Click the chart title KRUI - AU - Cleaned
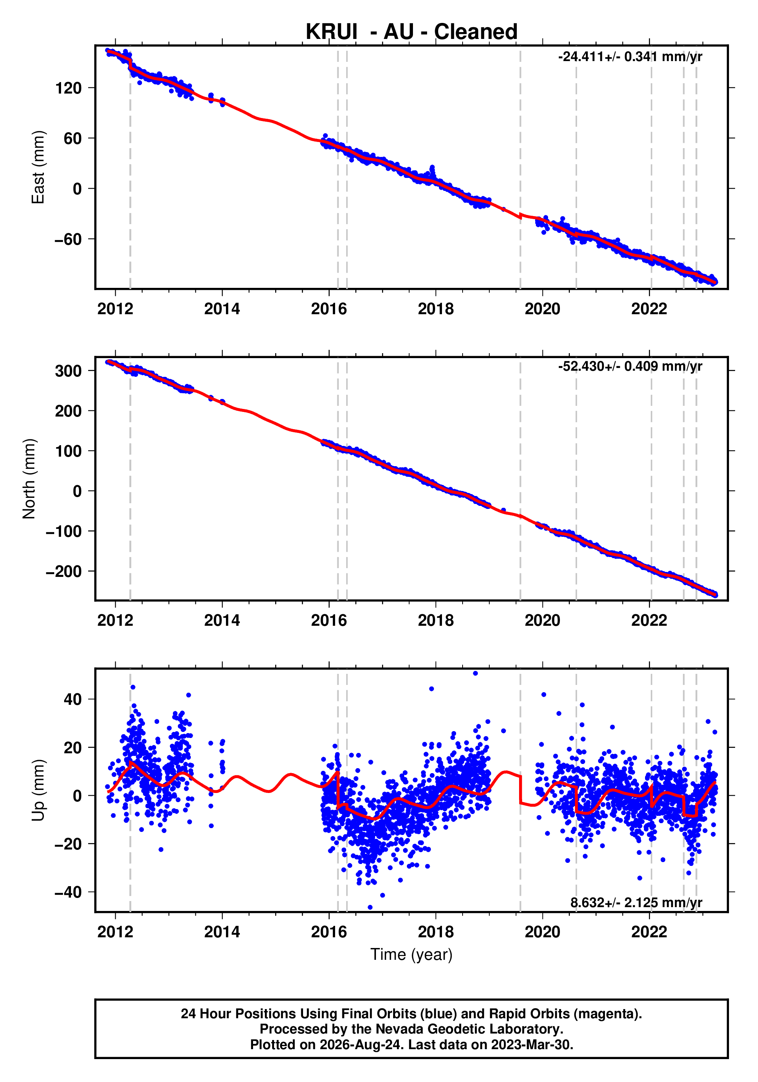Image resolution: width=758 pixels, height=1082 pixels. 411,32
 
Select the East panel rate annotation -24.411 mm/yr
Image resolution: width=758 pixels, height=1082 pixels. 630,57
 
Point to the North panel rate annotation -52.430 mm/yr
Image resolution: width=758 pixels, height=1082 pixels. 630,366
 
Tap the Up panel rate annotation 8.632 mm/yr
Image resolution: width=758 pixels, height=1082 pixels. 636,903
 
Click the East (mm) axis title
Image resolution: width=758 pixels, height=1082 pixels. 38,167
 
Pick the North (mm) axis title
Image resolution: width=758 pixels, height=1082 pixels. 29,479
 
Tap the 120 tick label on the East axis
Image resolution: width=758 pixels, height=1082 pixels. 68,88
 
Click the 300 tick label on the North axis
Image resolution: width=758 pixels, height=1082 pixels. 68,371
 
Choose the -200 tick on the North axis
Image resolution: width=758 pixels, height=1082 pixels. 64,572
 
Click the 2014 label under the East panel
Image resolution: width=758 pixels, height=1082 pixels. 222,309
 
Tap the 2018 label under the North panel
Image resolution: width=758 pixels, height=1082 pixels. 436,621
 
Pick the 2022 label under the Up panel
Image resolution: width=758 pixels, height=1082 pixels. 649,932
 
